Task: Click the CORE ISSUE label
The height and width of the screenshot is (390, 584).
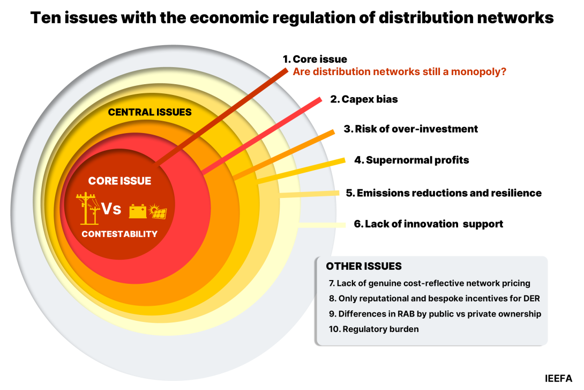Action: [x=119, y=181]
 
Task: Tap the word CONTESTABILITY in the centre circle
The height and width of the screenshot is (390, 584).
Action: [x=119, y=234]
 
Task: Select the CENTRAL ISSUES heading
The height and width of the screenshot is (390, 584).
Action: [x=149, y=112]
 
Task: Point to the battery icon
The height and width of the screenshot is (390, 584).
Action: [x=138, y=211]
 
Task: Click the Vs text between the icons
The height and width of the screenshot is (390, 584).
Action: [x=111, y=209]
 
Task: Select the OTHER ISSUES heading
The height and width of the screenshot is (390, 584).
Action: [x=364, y=267]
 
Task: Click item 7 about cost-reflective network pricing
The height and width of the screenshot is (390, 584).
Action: [x=430, y=283]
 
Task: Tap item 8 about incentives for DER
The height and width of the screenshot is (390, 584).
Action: [x=434, y=298]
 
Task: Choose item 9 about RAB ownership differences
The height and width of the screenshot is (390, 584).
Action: [x=435, y=314]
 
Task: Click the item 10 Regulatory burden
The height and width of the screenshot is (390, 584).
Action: [x=374, y=329]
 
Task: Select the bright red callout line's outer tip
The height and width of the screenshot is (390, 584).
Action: [x=319, y=100]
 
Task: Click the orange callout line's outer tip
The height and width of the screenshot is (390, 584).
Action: [x=333, y=133]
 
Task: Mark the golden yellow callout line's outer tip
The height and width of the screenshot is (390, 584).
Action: [x=343, y=160]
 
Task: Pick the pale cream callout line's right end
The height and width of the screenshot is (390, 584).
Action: [x=345, y=225]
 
